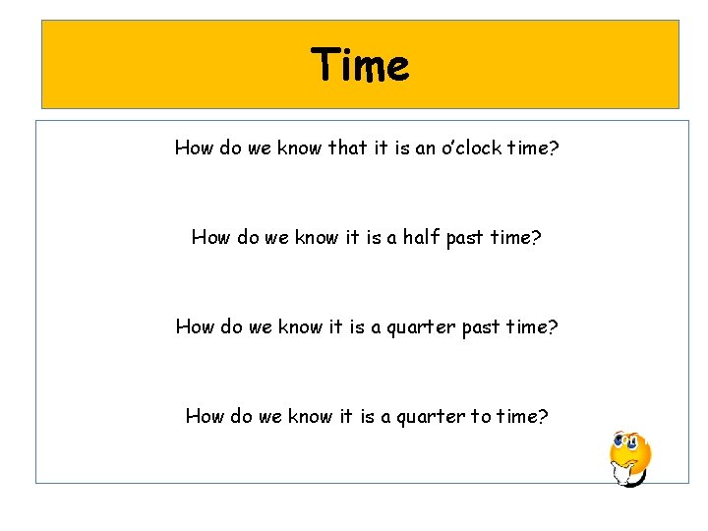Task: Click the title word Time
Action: (360, 66)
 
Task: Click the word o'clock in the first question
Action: (476, 148)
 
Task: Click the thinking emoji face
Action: (629, 458)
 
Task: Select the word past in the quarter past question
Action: (482, 326)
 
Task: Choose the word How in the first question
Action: (195, 148)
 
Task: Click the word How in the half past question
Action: (211, 237)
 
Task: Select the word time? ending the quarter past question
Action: (532, 326)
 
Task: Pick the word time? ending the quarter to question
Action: (523, 416)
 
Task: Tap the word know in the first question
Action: (301, 148)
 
